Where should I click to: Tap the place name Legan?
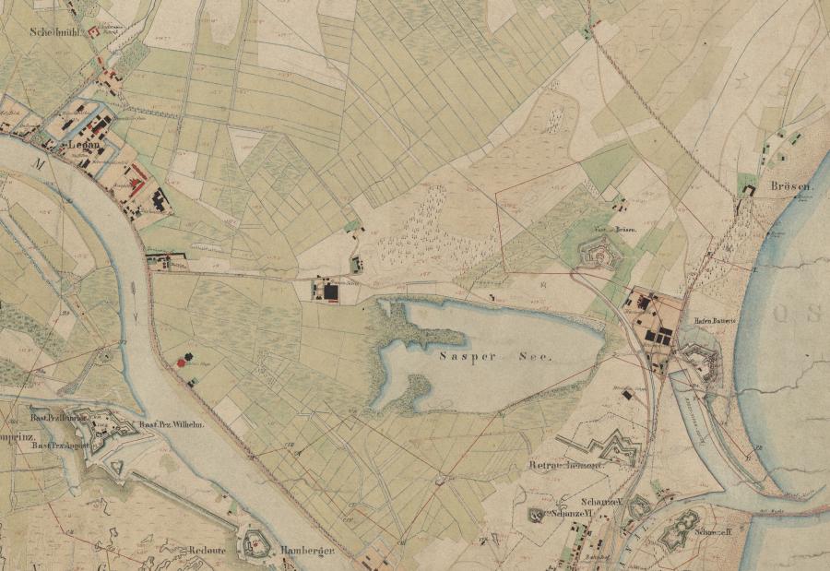pos(82,146)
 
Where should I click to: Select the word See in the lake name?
pos(536,358)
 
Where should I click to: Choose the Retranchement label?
pos(566,466)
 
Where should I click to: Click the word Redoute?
pos(208,547)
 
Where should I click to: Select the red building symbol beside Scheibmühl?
pos(94,30)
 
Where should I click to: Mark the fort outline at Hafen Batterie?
pos(705,363)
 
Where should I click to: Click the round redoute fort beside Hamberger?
pos(253,544)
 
